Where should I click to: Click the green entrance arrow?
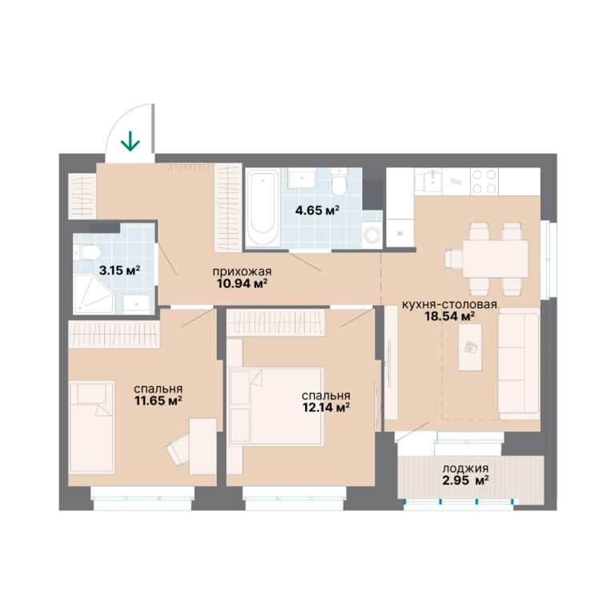point(131,141)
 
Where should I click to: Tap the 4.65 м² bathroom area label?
point(317,211)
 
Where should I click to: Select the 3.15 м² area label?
point(119,270)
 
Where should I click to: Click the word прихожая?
point(242,271)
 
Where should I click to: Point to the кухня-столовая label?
point(449,304)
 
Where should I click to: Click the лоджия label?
point(465,468)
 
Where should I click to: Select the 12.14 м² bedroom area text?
point(326,408)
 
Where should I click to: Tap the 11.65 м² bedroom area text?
point(158,401)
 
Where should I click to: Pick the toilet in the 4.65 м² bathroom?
point(338,182)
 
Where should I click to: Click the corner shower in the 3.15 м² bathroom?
point(94,294)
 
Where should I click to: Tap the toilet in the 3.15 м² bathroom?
point(86,251)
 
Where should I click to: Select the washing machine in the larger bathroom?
point(372,235)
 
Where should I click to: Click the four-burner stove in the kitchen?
point(484,182)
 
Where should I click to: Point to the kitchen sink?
point(430,182)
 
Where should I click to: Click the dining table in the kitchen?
point(496,259)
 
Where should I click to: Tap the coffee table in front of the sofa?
point(470,348)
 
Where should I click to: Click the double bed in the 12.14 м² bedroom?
point(277,406)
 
